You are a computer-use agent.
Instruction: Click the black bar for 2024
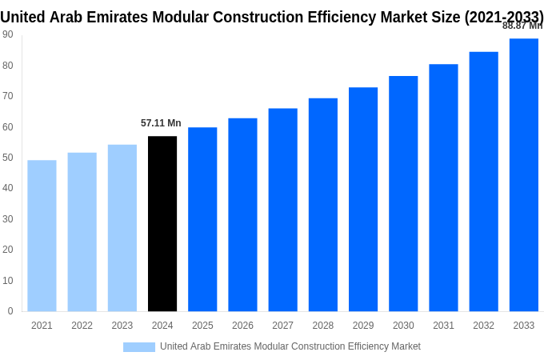tap(162, 224)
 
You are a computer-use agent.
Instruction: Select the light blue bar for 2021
tap(42, 236)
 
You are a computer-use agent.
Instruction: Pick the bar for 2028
tap(323, 205)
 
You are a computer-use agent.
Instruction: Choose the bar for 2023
tap(122, 228)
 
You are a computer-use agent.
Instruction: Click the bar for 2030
tap(403, 194)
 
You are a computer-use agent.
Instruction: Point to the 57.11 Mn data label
tap(161, 123)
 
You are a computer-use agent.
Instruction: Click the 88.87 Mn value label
tap(522, 26)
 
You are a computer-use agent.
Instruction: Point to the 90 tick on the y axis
tap(7, 34)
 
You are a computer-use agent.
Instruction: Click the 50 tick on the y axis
tap(7, 158)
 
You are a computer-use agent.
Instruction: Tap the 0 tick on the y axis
tap(10, 311)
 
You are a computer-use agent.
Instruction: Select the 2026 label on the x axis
tap(242, 326)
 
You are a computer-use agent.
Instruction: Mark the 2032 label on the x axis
tap(483, 326)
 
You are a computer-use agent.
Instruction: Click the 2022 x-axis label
tap(82, 326)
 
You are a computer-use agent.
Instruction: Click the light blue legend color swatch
tap(139, 346)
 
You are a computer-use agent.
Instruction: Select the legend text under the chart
tap(290, 346)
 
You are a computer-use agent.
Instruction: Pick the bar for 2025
tap(202, 219)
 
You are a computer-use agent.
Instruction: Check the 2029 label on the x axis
tap(363, 326)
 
